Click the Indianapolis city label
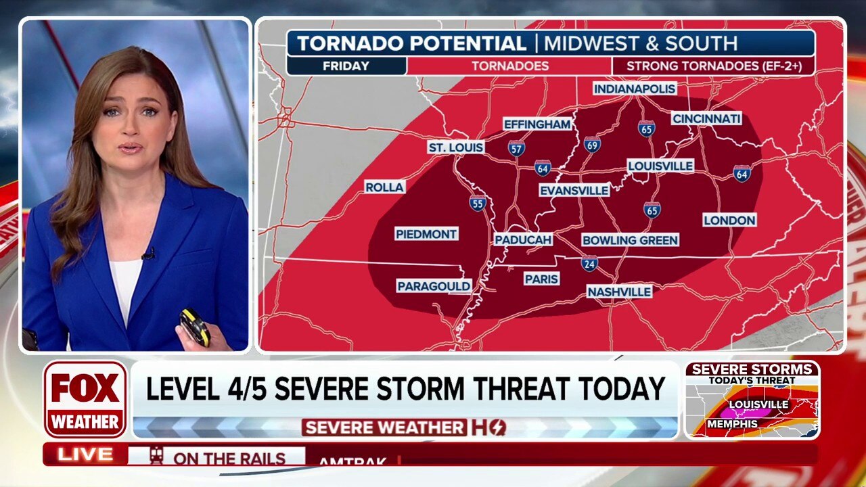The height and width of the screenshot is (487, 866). (x=635, y=89)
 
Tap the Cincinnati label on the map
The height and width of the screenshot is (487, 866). (x=706, y=118)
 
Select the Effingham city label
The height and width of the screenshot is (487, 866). (x=537, y=124)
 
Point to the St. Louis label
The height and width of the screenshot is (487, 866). (x=456, y=147)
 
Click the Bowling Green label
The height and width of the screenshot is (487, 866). (x=629, y=240)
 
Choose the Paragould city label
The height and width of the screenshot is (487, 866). (x=434, y=286)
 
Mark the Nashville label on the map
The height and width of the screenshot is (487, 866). (x=619, y=292)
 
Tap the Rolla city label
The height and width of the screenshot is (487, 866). (x=384, y=187)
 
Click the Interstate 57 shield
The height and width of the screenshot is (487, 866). (x=516, y=148)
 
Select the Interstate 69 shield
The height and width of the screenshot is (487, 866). (x=592, y=144)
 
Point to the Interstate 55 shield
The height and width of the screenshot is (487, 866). (x=478, y=202)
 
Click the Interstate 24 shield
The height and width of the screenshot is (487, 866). (x=589, y=264)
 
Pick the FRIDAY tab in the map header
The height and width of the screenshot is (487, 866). (x=346, y=66)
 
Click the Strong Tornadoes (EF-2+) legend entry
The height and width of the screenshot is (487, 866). (x=712, y=66)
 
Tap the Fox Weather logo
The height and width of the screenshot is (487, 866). (x=85, y=399)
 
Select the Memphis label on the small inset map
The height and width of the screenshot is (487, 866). (x=732, y=424)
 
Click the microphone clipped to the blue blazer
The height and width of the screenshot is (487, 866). (x=148, y=254)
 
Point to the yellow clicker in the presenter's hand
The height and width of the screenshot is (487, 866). (x=194, y=325)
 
